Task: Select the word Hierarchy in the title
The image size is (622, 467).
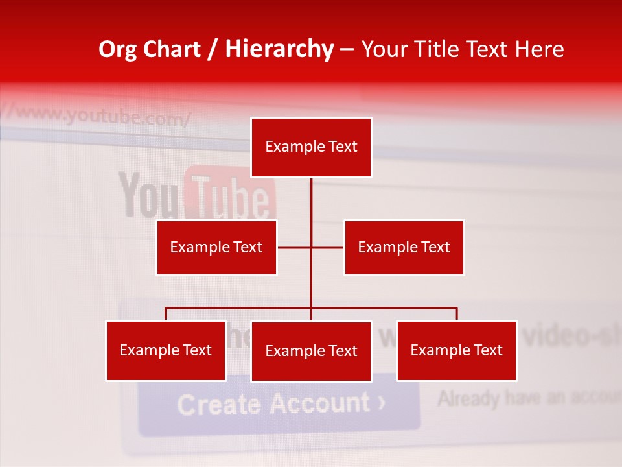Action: [279, 49]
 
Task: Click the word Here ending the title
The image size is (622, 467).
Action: [539, 49]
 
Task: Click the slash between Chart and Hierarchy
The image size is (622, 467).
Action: [213, 49]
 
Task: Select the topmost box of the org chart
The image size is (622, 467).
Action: [311, 147]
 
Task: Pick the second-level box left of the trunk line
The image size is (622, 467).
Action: [216, 247]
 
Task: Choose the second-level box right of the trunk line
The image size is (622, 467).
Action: [404, 247]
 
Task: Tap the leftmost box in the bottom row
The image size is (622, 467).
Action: [166, 350]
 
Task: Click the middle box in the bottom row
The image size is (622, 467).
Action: [311, 351]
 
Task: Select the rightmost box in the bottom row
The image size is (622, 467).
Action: [457, 350]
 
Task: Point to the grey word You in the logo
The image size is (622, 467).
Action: [148, 195]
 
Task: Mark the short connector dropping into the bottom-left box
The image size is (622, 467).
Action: [166, 314]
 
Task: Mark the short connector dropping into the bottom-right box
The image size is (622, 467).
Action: [457, 314]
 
